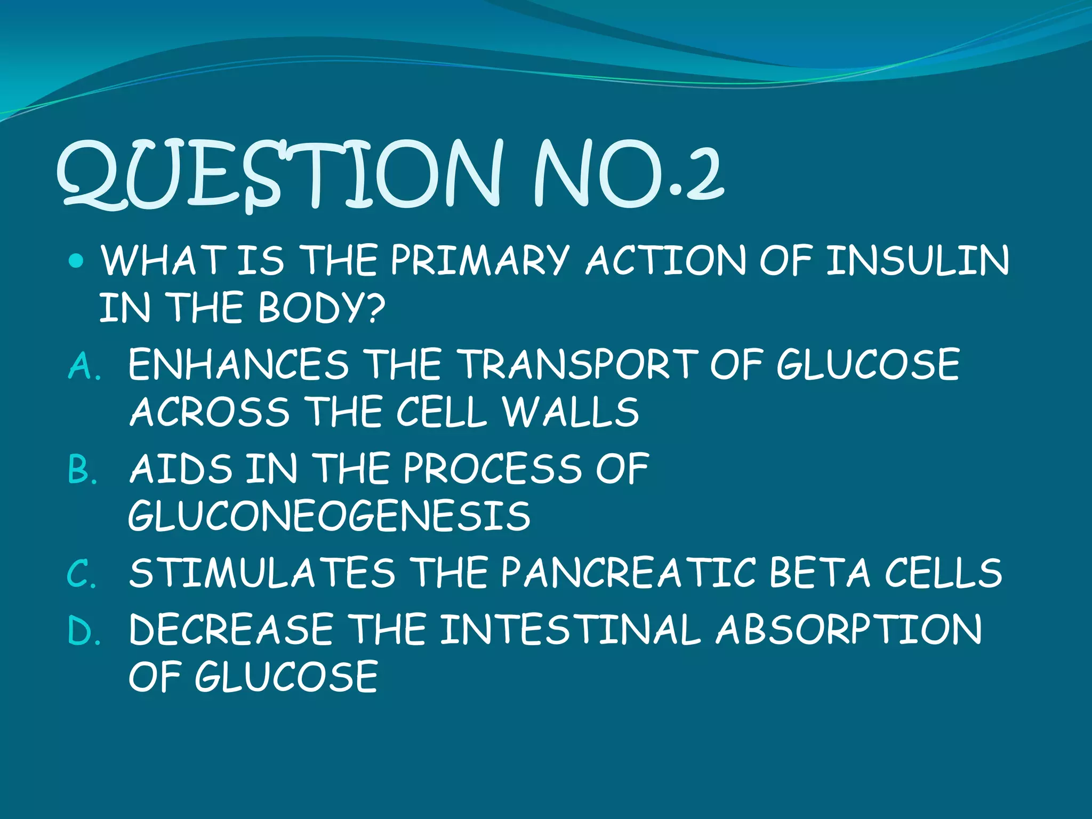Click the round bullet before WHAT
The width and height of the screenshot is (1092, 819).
click(77, 261)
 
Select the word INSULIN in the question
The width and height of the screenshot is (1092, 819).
click(918, 261)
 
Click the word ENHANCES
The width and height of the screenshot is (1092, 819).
click(238, 365)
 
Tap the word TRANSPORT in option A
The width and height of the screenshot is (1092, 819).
click(579, 365)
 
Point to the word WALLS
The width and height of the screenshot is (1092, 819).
click(571, 412)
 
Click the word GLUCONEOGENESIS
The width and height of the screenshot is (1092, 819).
click(330, 516)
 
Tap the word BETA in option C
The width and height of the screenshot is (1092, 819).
click(820, 573)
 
